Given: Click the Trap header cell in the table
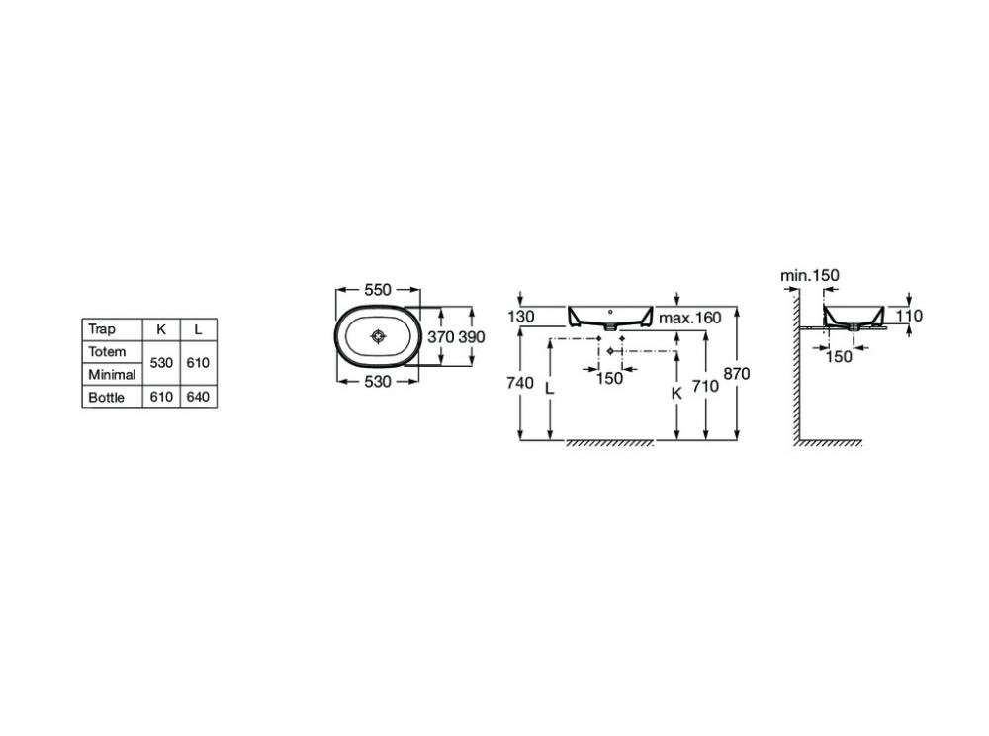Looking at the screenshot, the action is click(x=102, y=329).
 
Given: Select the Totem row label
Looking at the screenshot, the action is click(x=107, y=352).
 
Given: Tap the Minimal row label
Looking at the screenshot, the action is click(x=113, y=375).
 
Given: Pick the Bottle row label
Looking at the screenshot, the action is click(x=107, y=398).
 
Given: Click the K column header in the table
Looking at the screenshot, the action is click(x=161, y=329).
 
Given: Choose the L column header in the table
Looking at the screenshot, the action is click(x=198, y=329).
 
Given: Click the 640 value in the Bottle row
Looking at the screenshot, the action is click(x=198, y=397).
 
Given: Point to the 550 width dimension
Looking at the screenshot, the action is click(x=378, y=290).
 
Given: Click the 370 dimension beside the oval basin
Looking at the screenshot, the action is click(x=440, y=336).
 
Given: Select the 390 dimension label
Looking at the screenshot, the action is click(x=471, y=336).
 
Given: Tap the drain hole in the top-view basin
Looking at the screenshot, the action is click(x=378, y=336).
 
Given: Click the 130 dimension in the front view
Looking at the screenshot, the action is click(x=521, y=316).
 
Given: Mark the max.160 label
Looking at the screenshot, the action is click(x=690, y=318).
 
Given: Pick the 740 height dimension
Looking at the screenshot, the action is click(x=520, y=382).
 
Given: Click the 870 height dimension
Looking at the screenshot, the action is click(x=737, y=373).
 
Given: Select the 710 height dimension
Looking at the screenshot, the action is click(x=705, y=386).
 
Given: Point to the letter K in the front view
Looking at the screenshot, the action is click(x=676, y=394).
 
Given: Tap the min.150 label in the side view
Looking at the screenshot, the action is click(x=810, y=275).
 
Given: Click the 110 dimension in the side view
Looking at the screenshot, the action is click(x=909, y=316).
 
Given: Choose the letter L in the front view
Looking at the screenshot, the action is click(x=549, y=389).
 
